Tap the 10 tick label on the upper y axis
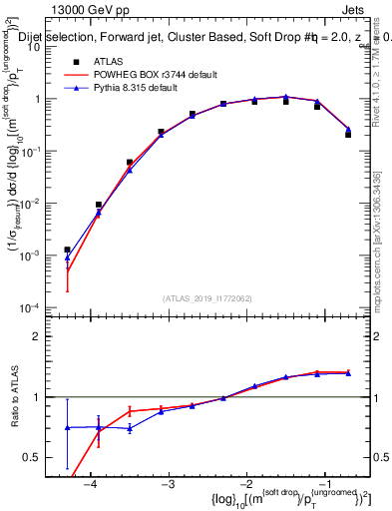[44, 47]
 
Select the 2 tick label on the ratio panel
[46, 336]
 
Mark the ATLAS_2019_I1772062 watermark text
[206, 297]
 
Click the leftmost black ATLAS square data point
[67, 250]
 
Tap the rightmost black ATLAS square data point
[348, 133]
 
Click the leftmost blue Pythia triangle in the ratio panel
[67, 427]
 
